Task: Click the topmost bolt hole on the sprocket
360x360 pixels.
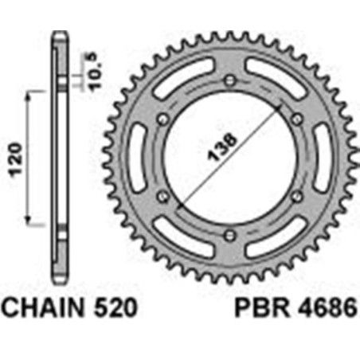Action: (229, 80)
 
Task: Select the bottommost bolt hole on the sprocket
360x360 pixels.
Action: (229, 234)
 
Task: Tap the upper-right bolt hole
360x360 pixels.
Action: (295, 118)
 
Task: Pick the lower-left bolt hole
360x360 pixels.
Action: (163, 196)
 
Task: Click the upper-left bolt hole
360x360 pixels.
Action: (163, 118)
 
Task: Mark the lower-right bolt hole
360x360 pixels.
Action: (295, 196)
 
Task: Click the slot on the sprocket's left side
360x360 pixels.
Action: (137, 157)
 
